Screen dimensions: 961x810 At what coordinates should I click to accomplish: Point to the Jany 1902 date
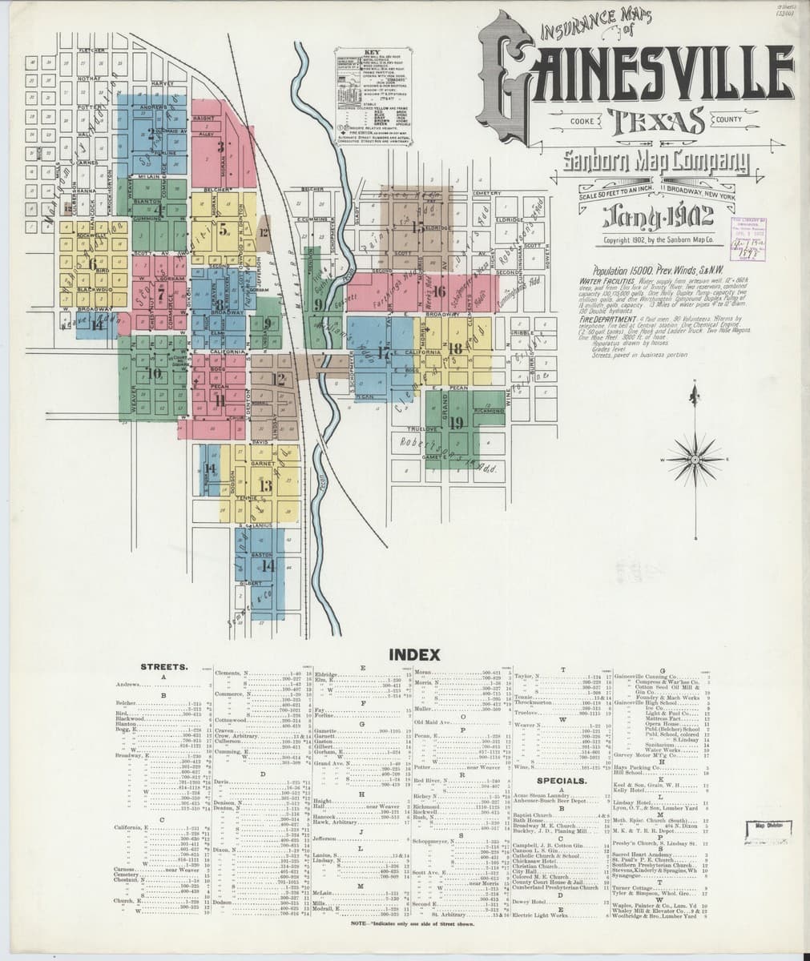[645, 216]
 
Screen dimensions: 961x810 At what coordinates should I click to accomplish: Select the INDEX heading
[414, 654]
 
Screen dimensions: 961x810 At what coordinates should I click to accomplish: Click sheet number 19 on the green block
[457, 422]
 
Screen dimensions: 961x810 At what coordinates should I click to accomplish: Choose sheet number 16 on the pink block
[439, 291]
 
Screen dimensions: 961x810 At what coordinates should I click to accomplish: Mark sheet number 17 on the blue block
[384, 352]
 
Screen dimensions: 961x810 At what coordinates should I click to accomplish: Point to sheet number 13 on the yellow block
[264, 485]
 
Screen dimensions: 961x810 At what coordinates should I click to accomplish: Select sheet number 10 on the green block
[154, 373]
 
